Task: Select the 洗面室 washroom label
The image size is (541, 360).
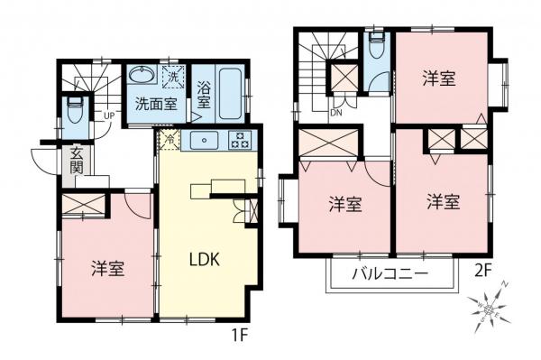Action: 156,104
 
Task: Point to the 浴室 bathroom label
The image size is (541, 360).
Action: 205,96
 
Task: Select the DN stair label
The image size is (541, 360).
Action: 335,113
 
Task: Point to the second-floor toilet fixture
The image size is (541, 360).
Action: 378,48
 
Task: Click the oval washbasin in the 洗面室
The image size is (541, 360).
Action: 141,75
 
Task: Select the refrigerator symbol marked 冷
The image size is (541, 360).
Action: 168,141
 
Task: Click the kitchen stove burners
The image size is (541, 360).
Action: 240,140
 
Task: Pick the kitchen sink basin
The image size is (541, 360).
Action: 203,140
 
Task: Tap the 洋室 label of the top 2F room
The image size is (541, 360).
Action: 439,78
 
